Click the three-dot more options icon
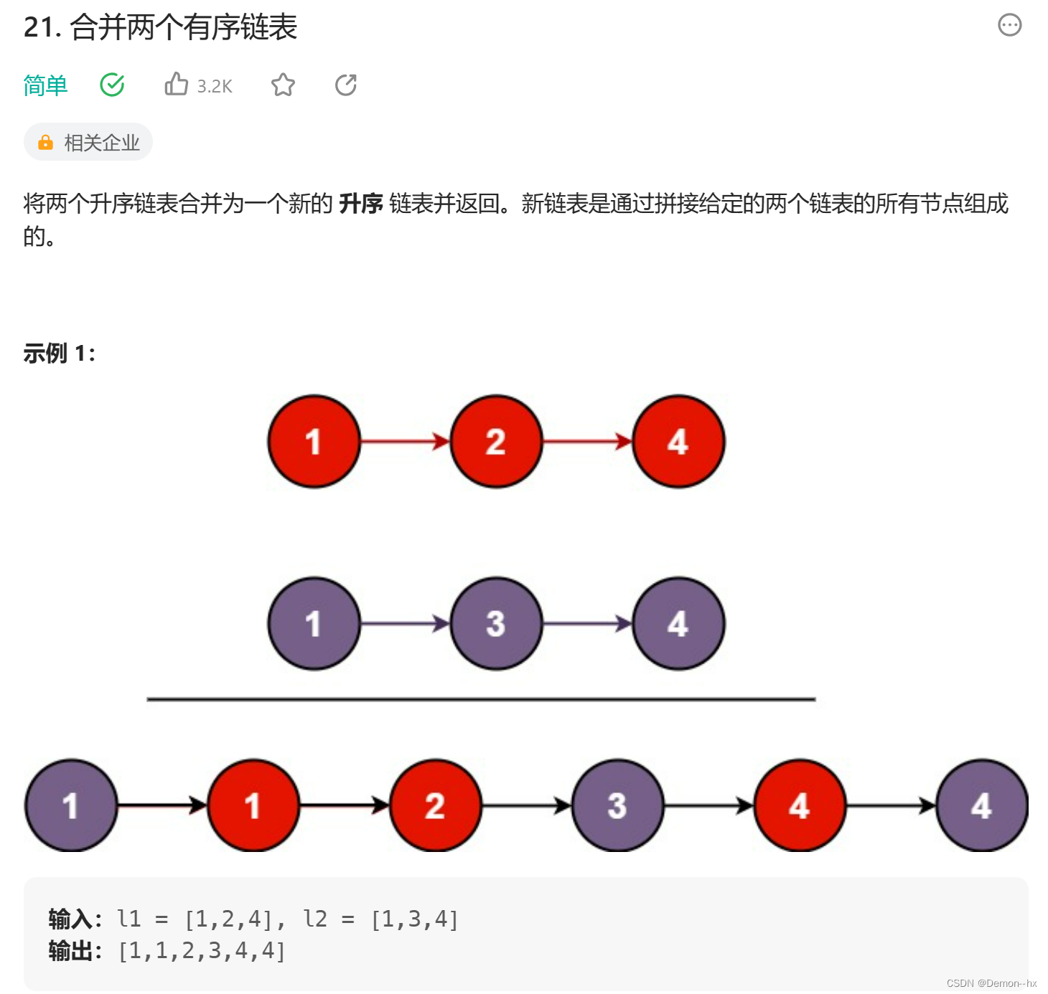pyautogui.click(x=1009, y=25)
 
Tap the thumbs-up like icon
pyautogui.click(x=176, y=85)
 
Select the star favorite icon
pyautogui.click(x=283, y=85)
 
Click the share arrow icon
pyautogui.click(x=346, y=85)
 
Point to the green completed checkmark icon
pyautogui.click(x=112, y=85)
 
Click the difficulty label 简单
pyautogui.click(x=45, y=85)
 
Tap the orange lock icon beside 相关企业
pyautogui.click(x=45, y=143)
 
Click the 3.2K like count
pyautogui.click(x=215, y=87)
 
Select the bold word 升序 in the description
pyautogui.click(x=360, y=204)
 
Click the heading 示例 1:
pyautogui.click(x=59, y=353)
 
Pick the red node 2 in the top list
pyautogui.click(x=496, y=442)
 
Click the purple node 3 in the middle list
pyautogui.click(x=496, y=624)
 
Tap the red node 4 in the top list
pyautogui.click(x=678, y=442)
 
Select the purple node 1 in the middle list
pyautogui.click(x=314, y=624)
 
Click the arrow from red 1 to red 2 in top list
pyautogui.click(x=405, y=442)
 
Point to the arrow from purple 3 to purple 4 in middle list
pyautogui.click(x=587, y=624)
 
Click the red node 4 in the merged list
pyautogui.click(x=799, y=806)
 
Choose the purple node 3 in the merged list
pyautogui.click(x=617, y=806)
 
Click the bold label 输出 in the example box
pyautogui.click(x=70, y=951)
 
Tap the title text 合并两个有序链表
pyautogui.click(x=183, y=27)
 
